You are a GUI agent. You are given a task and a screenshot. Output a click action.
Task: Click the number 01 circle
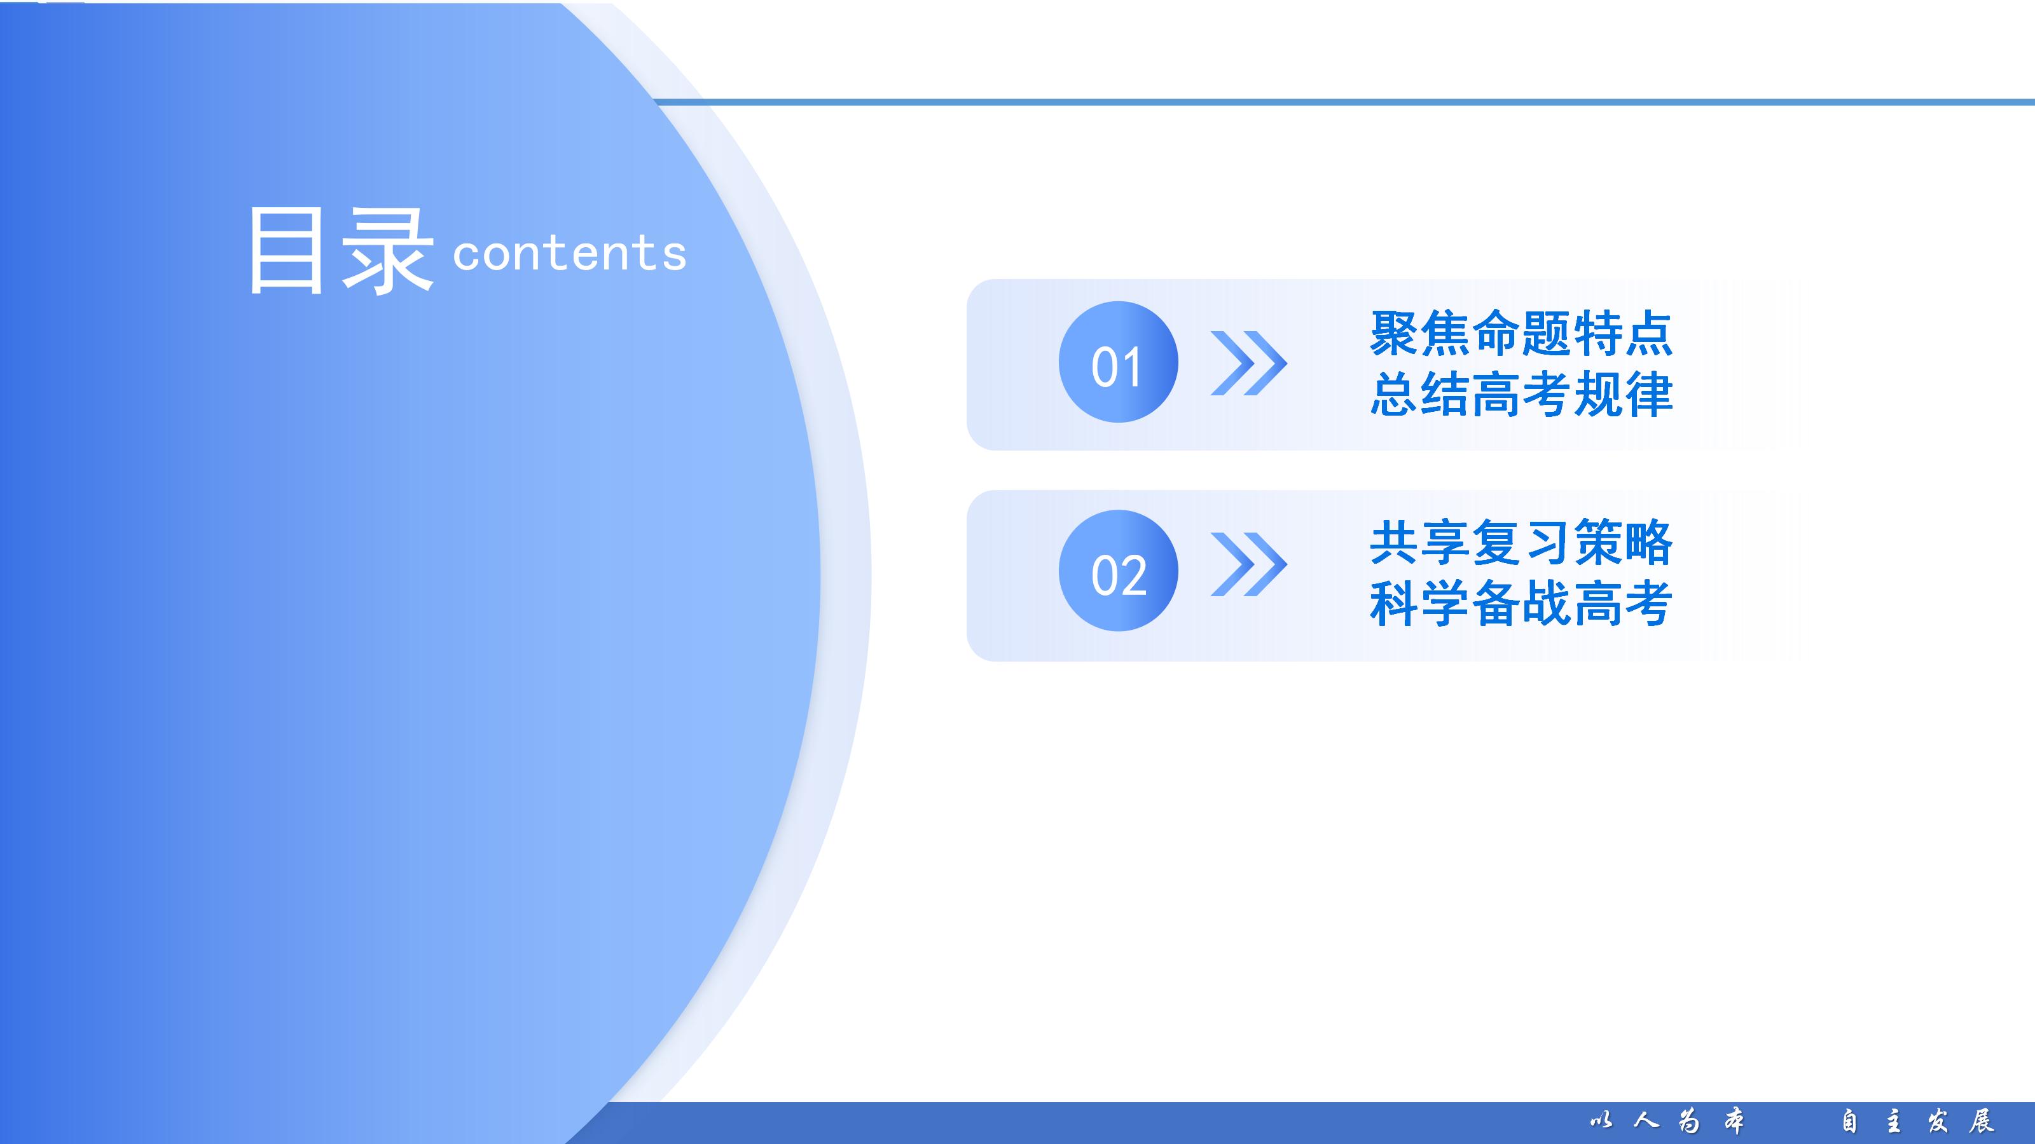(1118, 362)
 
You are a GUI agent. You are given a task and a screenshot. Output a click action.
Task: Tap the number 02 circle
(1118, 571)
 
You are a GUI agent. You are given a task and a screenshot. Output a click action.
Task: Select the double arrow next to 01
(1249, 363)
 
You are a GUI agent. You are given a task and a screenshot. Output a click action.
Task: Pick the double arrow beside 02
(1249, 564)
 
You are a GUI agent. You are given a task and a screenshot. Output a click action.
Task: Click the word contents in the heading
(570, 254)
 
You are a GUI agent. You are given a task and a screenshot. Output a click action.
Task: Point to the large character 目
(286, 250)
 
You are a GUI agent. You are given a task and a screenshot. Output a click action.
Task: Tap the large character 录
(387, 252)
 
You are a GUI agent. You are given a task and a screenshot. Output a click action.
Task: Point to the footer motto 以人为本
(1667, 1121)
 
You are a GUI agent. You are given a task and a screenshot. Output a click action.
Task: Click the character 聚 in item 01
(1395, 333)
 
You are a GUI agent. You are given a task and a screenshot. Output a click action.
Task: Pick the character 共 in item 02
(1395, 543)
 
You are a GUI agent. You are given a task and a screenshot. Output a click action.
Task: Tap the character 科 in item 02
(1395, 604)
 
